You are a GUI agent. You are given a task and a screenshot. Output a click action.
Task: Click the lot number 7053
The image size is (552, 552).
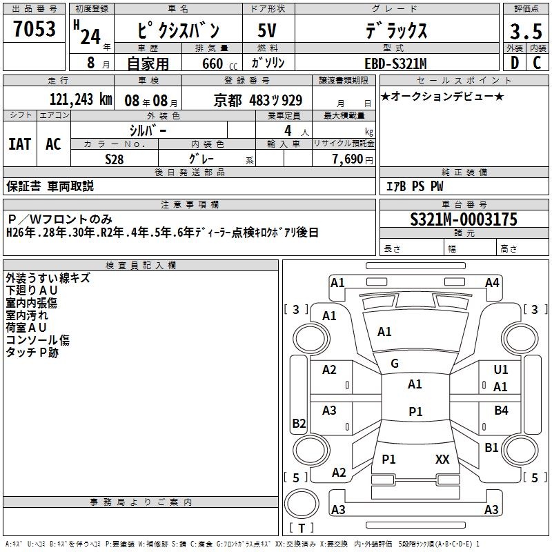(x=34, y=28)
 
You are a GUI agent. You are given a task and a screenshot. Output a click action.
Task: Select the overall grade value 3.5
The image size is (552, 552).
(x=526, y=31)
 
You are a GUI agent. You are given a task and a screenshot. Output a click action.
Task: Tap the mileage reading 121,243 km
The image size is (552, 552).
(x=81, y=99)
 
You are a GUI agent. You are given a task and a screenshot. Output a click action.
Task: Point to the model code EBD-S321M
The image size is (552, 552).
(x=395, y=63)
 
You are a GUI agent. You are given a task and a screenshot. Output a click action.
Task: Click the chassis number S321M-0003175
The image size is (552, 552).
(x=464, y=219)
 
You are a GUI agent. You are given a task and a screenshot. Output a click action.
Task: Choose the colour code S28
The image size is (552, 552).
(x=115, y=159)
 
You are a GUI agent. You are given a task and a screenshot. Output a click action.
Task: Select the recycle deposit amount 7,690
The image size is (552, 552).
(x=348, y=159)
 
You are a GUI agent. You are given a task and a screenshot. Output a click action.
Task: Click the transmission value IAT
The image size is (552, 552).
(x=20, y=144)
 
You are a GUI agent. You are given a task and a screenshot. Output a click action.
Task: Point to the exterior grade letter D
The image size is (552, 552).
(x=515, y=63)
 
